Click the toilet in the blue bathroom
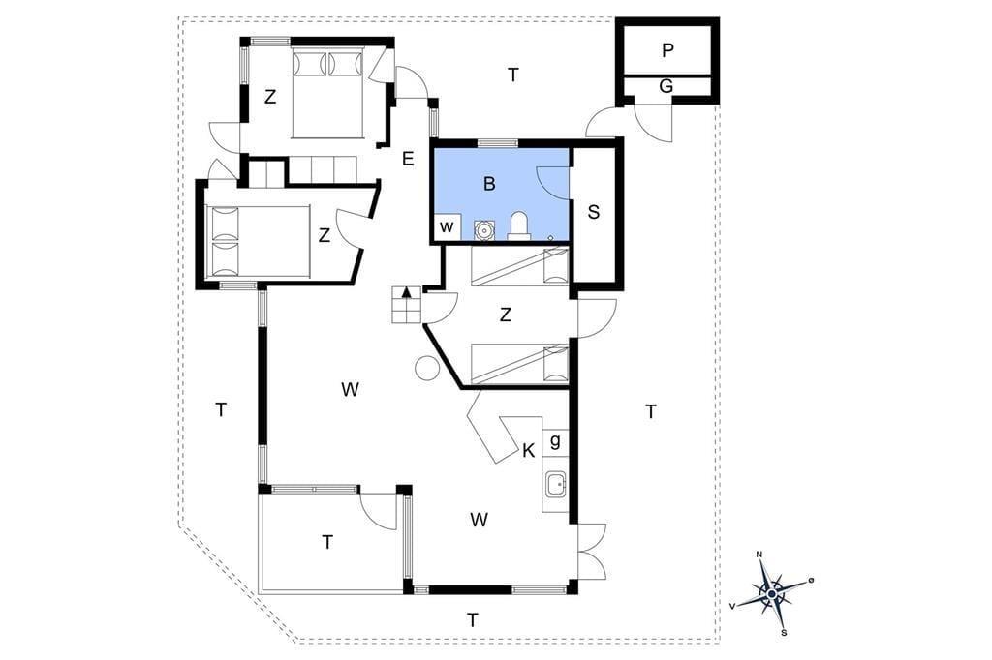(x=518, y=225)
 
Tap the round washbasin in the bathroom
(x=484, y=230)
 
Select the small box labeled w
(x=448, y=227)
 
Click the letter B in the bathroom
(x=489, y=184)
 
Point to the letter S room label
(x=594, y=212)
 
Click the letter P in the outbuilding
(x=667, y=50)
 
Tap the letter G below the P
(x=666, y=86)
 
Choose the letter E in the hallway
(x=408, y=159)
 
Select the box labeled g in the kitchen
(x=555, y=440)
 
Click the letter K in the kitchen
(x=529, y=451)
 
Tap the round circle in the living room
(x=427, y=368)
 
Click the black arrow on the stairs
(x=407, y=291)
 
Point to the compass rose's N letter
(x=759, y=555)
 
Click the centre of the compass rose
(x=771, y=594)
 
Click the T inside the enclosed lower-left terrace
(x=327, y=542)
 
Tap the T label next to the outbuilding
(x=513, y=75)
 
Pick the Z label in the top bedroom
(x=270, y=98)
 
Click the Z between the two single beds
(x=505, y=315)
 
